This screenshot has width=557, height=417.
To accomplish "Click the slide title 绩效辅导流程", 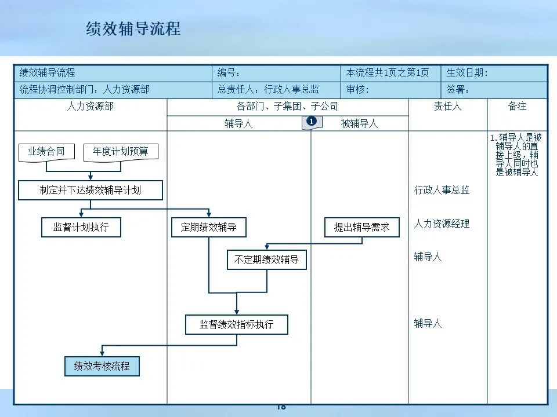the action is [x=133, y=29].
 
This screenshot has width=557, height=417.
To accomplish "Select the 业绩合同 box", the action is [x=46, y=152].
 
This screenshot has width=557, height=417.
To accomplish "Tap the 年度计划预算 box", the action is [x=121, y=152].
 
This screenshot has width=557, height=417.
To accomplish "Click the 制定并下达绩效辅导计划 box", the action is [x=91, y=190].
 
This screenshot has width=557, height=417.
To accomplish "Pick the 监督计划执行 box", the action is [x=81, y=227].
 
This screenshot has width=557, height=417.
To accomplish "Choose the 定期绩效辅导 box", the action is [x=209, y=227].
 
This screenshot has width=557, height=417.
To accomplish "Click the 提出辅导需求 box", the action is [x=362, y=227].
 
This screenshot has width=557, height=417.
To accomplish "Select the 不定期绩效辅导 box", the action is [x=266, y=260].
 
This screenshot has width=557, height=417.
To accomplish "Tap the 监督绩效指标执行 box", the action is [x=236, y=324].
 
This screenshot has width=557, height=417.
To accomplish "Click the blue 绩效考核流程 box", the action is [x=102, y=366].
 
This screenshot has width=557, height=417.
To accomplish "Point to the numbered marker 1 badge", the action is [x=312, y=122].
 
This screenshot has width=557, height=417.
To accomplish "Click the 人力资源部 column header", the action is [x=91, y=107].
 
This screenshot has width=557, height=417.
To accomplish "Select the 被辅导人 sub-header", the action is [x=359, y=123].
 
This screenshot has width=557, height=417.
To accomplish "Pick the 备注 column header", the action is [x=517, y=107].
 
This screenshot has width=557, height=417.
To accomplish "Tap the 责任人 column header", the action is [x=447, y=107].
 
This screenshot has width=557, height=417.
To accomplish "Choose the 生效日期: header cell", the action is [x=494, y=73].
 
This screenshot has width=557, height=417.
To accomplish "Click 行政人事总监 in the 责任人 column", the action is [x=442, y=190].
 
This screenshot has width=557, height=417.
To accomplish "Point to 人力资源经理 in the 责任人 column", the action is [x=442, y=224].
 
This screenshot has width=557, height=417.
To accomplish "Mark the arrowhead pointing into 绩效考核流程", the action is [x=102, y=353].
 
